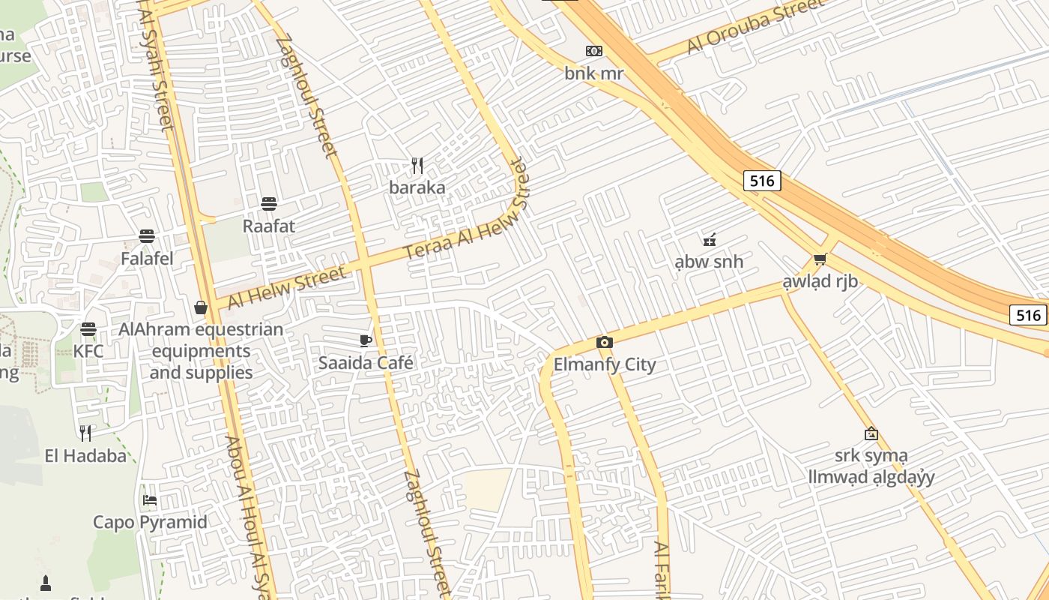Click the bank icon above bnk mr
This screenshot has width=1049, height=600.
click(593, 51)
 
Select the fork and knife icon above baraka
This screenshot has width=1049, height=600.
click(417, 165)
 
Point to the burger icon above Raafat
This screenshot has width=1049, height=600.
click(269, 203)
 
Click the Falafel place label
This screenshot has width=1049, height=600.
click(147, 259)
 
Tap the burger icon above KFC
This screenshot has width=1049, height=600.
click(88, 328)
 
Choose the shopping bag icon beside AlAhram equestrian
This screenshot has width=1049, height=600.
click(201, 307)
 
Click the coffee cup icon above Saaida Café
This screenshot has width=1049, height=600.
click(366, 340)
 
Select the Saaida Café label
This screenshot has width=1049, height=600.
click(366, 363)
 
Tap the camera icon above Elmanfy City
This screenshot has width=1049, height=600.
click(604, 343)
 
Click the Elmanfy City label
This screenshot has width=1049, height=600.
click(604, 365)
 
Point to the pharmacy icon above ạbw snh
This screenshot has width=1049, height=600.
click(709, 240)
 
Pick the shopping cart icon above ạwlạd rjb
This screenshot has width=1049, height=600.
click(820, 259)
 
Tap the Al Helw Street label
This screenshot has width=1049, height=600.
click(286, 286)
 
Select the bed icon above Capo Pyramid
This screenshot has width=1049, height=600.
click(150, 500)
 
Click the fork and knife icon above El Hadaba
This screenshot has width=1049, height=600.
click(85, 433)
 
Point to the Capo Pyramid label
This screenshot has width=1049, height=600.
click(150, 522)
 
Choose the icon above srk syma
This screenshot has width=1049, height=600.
click(871, 433)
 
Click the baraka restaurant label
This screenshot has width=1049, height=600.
click(417, 187)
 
